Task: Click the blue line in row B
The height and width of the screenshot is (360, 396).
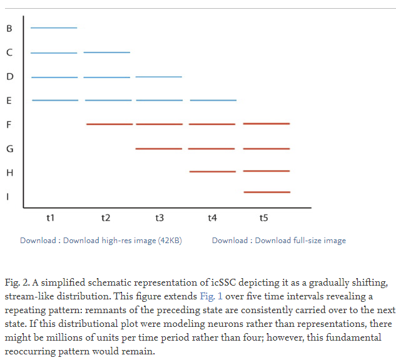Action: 54,28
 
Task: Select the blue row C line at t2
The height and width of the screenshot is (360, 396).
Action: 107,52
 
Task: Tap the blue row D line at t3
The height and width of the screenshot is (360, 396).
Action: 159,77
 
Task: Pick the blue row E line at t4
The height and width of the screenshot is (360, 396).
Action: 213,100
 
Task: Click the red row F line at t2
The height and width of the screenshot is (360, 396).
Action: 109,124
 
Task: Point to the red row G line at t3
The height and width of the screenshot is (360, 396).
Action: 159,149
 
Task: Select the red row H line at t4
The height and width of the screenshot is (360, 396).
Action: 213,171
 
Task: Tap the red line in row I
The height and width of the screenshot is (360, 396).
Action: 267,192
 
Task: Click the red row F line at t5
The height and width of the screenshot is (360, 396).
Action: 267,124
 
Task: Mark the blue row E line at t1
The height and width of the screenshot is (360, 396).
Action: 55,100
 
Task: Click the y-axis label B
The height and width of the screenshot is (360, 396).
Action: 9,28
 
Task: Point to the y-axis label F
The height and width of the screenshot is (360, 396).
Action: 9,124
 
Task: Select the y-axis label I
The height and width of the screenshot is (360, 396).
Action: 9,197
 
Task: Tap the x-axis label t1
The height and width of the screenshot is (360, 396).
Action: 51,217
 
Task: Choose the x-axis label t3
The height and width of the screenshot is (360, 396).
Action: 160,217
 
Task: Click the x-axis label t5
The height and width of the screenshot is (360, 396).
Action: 263,217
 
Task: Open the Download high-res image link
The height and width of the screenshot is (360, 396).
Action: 123,241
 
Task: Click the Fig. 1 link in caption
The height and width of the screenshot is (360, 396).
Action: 211,296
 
